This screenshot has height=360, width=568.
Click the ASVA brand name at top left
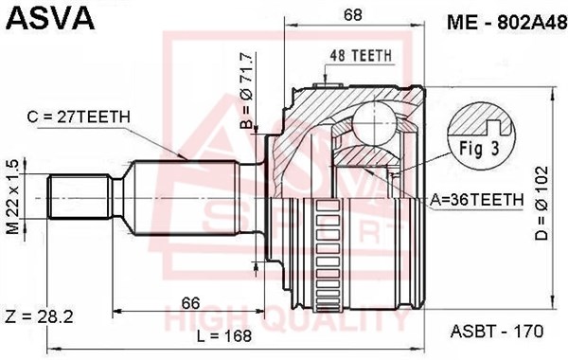click(50, 18)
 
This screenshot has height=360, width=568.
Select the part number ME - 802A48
click(506, 23)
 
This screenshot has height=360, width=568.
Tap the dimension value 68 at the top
click(352, 14)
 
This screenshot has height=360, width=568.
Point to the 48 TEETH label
click(362, 55)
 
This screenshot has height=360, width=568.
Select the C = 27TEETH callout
click(79, 117)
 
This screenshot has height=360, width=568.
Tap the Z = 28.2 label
click(39, 316)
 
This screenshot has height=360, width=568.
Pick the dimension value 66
click(190, 303)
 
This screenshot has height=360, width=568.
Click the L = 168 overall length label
click(223, 335)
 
